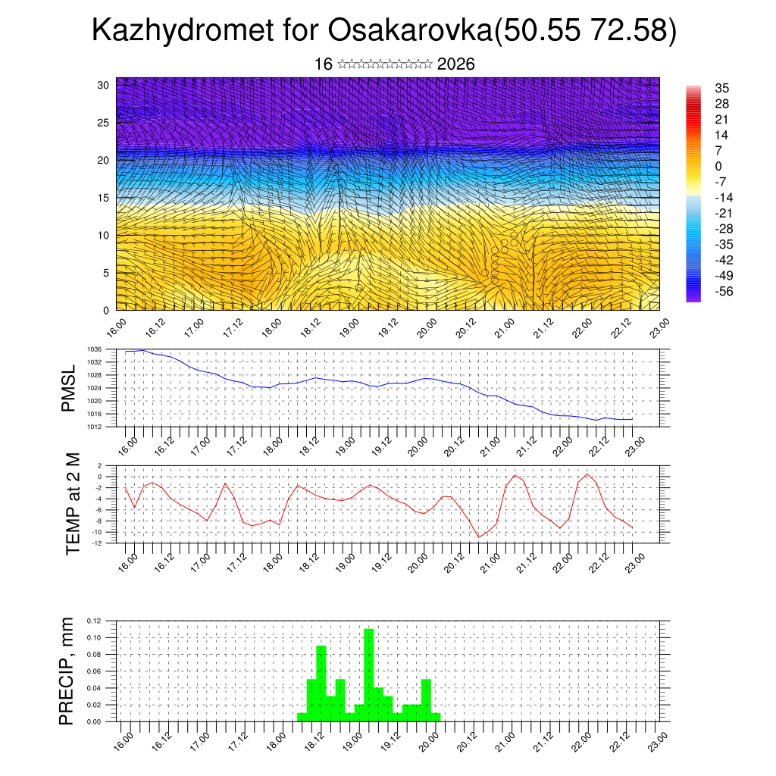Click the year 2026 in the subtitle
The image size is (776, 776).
tap(456, 64)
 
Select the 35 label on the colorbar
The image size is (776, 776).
tap(721, 89)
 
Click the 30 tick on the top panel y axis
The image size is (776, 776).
tap(104, 85)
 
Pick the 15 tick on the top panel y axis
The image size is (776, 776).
tap(104, 198)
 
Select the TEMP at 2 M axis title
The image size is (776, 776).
tap(73, 503)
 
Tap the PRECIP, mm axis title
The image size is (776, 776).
tap(68, 671)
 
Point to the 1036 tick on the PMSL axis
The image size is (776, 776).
tap(93, 349)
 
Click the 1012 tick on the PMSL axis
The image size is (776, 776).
tap(93, 427)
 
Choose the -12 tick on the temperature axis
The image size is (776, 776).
tap(96, 543)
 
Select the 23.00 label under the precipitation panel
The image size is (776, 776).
tap(656, 740)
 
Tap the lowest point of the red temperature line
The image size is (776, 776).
tap(478, 537)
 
